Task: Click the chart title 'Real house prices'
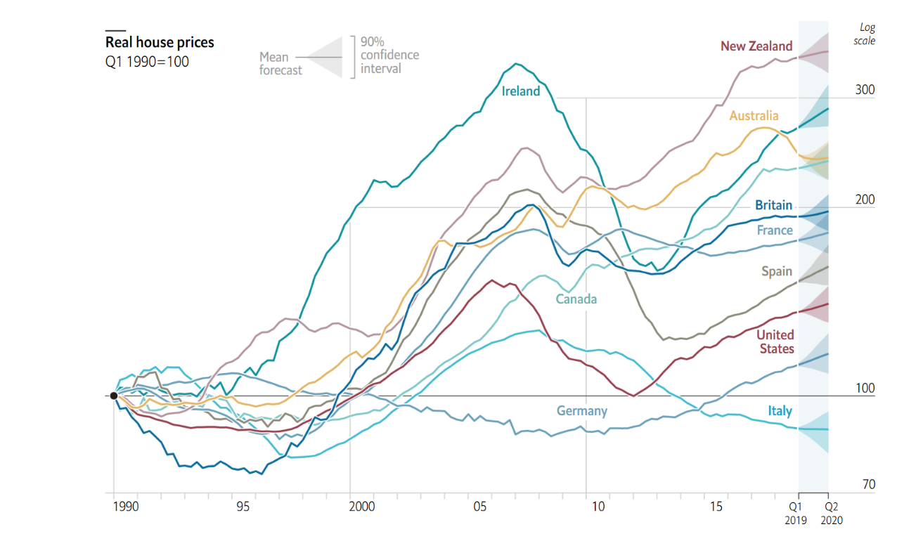160,42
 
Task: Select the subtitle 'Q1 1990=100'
147,61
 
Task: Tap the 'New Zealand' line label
756,46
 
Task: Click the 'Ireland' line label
521,91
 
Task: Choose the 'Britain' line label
773,205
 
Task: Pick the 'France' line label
775,230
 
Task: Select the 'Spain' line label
776,271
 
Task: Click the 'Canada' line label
576,299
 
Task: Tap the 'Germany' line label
581,411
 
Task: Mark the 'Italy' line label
780,411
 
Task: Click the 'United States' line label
775,341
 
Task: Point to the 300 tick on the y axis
865,90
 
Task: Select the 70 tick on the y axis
868,484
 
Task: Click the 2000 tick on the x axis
361,506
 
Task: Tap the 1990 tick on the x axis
125,506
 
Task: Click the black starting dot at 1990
114,396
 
